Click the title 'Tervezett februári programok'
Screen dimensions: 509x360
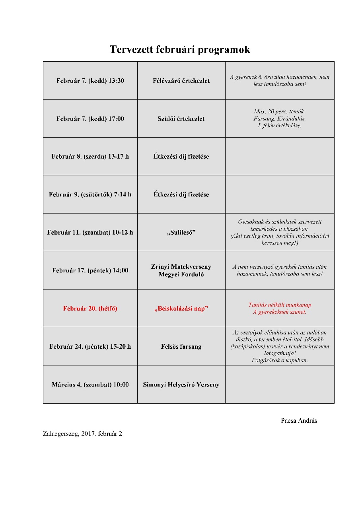(x=180, y=50)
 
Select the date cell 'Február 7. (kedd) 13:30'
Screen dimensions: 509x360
(x=90, y=81)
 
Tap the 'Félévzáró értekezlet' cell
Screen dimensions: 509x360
(x=181, y=81)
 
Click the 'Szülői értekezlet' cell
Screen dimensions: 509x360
(x=181, y=119)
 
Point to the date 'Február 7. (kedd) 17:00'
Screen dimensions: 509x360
(x=90, y=119)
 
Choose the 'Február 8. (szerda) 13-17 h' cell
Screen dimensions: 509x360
(x=90, y=156)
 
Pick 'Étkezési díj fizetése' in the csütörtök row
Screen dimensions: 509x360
(x=181, y=194)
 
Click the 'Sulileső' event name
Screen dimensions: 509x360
(x=181, y=232)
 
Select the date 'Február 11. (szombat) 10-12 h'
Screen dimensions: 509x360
(x=90, y=232)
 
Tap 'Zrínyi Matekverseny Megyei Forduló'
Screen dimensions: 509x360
(x=181, y=270)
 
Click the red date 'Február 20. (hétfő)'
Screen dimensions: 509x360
(x=90, y=309)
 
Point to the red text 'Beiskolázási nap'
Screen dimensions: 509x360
(x=181, y=309)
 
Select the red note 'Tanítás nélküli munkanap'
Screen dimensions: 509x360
(x=280, y=305)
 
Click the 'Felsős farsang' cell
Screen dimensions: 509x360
(x=181, y=346)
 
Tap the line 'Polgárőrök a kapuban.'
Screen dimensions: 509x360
(x=280, y=361)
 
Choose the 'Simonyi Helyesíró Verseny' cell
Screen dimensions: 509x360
(x=181, y=385)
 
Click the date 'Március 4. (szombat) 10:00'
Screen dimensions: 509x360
(x=90, y=385)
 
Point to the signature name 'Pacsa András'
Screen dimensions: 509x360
(x=299, y=421)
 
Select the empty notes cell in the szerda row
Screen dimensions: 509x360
(x=280, y=156)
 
